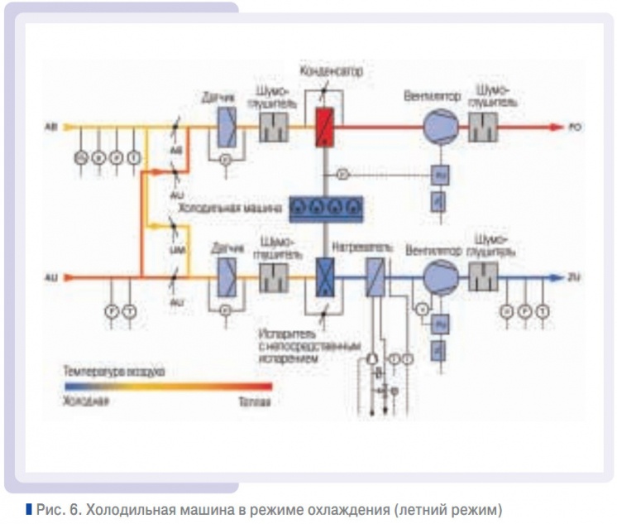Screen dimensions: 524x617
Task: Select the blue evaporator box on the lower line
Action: tap(323, 276)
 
